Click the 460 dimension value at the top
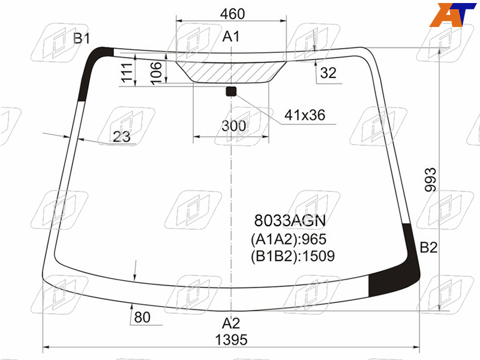(232, 14)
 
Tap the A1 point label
(231, 37)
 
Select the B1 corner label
(82, 38)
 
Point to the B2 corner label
(428, 247)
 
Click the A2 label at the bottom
(231, 323)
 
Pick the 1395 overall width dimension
(231, 340)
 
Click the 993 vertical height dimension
(430, 179)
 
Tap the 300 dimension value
(233, 126)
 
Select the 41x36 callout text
(305, 115)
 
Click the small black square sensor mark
(231, 91)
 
